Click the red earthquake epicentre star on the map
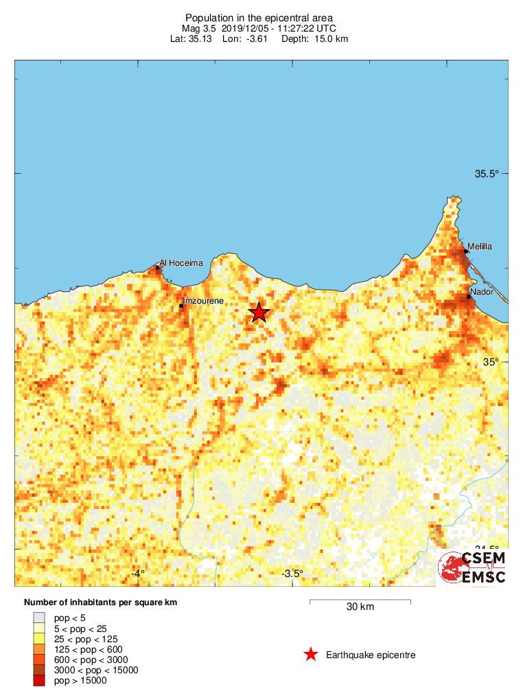coord(259,313)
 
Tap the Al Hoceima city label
coord(181,262)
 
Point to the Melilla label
coord(480,246)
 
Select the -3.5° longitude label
coord(292,573)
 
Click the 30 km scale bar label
coord(360,607)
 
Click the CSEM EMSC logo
coord(472,567)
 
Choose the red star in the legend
coord(311,655)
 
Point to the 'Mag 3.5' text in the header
coord(200,28)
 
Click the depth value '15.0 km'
coord(332,39)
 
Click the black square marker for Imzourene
coord(181,306)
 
